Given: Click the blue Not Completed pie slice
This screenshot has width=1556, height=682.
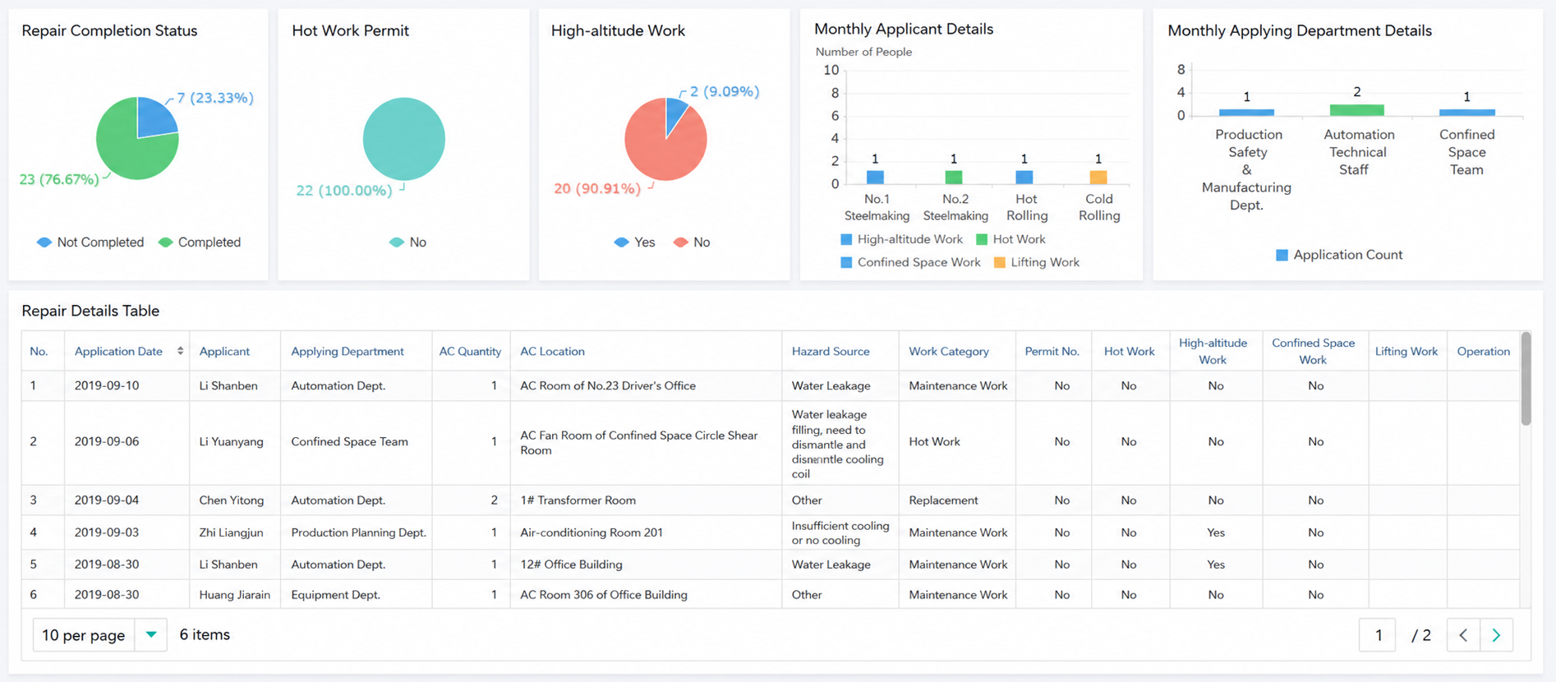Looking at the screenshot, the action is click(155, 118).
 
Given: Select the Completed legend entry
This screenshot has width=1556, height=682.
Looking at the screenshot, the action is click(200, 242).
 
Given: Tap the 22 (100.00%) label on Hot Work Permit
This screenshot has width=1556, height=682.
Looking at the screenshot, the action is click(344, 191).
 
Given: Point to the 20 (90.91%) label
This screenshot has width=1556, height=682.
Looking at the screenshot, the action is click(597, 189).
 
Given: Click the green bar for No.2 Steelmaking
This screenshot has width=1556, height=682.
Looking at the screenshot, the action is click(954, 177).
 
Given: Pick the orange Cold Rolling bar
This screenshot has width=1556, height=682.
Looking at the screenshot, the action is click(1098, 177).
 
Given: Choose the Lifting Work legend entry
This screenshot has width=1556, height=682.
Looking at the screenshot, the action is click(1037, 263).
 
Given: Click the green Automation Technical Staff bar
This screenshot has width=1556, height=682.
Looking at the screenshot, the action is click(1357, 110).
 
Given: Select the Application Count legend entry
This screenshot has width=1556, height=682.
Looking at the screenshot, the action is click(1339, 256).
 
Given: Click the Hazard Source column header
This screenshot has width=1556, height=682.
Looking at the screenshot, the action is click(831, 352).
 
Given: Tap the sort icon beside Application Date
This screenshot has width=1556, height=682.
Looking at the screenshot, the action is click(180, 351).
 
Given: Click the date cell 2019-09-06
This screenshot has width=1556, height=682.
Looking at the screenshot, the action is click(107, 442).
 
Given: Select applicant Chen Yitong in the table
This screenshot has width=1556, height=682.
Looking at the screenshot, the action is click(232, 500).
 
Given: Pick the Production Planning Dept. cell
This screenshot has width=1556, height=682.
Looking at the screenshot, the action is click(359, 532).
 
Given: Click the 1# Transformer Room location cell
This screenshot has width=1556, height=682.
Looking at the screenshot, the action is click(578, 500).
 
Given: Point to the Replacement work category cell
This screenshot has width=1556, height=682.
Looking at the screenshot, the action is click(943, 500).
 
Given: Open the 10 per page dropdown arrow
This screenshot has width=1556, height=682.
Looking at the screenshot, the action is click(151, 635).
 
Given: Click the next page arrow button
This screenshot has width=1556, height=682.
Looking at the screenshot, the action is click(1496, 635).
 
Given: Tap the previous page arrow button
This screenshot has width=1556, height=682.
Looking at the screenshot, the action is click(1463, 635).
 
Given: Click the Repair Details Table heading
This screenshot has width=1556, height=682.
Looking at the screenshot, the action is click(90, 311).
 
